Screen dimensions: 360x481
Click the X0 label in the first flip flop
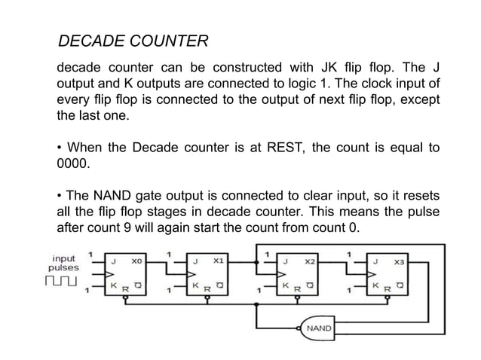click(136, 261)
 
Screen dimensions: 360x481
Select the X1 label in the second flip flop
click(218, 261)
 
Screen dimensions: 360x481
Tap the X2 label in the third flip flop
click(309, 261)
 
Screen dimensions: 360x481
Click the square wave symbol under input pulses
click(63, 282)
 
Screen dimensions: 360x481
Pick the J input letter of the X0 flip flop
click(114, 261)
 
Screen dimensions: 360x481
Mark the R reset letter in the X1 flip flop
click(205, 290)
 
